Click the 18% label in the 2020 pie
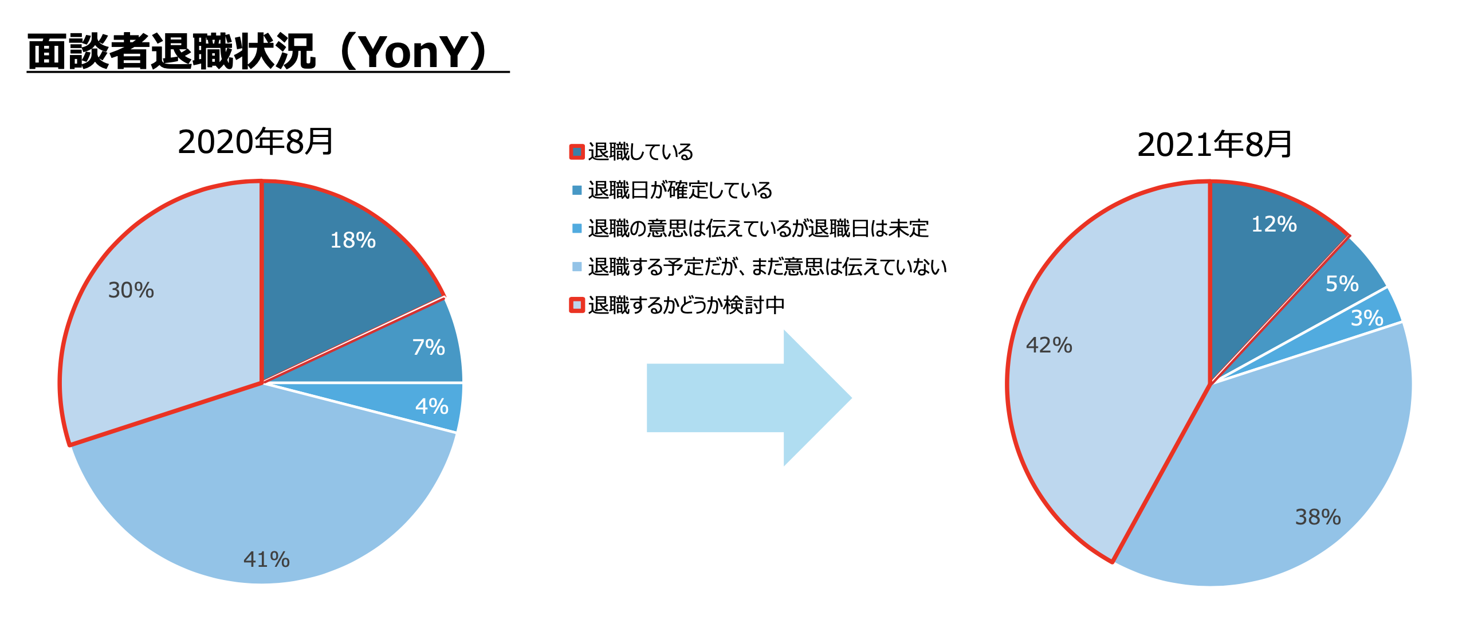353,240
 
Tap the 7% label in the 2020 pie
429,347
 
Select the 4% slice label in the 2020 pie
431,406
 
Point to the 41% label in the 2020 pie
266,559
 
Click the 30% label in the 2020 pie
131,290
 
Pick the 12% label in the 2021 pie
1274,224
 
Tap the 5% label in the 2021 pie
1342,284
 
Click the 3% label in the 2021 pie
1367,318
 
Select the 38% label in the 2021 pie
1318,517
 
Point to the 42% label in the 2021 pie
1049,345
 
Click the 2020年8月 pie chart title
256,142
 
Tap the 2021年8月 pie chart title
1215,144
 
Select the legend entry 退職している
640,152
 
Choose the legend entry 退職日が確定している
680,190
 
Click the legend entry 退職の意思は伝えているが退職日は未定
758,228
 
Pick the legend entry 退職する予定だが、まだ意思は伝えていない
767,267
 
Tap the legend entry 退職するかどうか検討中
686,305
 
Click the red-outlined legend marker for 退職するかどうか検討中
577,305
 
